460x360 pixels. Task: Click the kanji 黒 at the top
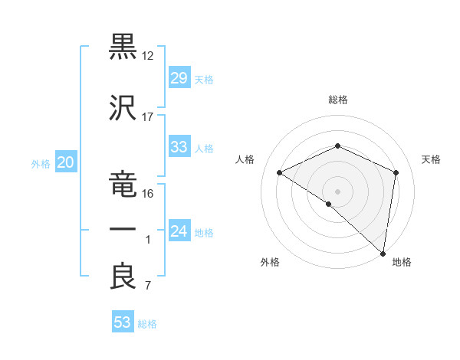tap(123, 46)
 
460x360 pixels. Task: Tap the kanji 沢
tap(123, 107)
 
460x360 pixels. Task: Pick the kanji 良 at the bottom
tap(123, 276)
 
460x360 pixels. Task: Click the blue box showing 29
tap(179, 78)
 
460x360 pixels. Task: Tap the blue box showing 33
tap(179, 147)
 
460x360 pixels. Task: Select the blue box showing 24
tap(179, 231)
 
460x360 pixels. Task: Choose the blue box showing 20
tap(65, 162)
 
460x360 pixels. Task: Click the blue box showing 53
tap(123, 322)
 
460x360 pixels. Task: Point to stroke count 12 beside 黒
tap(148, 56)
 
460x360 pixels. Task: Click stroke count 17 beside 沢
tap(148, 117)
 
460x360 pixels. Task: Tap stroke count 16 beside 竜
tap(148, 194)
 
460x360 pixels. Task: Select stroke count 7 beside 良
tap(148, 286)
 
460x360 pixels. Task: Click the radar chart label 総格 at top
tap(337, 100)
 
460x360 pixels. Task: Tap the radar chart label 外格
tap(270, 263)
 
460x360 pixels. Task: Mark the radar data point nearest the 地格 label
tap(383, 253)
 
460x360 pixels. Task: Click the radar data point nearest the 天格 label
tap(396, 172)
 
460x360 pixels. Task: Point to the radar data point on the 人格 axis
tap(280, 172)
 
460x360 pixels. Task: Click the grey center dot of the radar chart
tap(337, 191)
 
